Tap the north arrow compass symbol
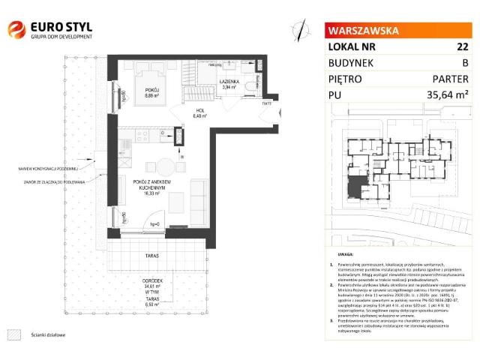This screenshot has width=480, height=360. click(300, 30)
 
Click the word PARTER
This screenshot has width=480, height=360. click(450, 79)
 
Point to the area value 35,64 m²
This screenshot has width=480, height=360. click(446, 95)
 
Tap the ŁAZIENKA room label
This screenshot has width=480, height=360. click(229, 80)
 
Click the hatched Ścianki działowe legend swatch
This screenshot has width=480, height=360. click(13, 336)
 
